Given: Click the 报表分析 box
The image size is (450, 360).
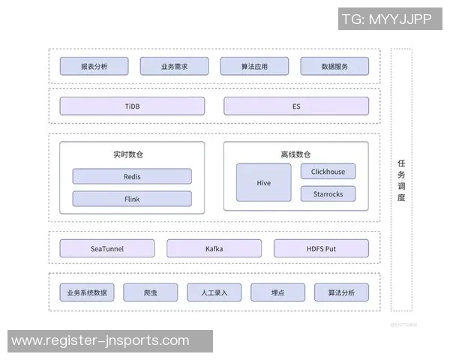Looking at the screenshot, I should pos(94,66).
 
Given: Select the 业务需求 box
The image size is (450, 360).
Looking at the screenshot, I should pos(174,66).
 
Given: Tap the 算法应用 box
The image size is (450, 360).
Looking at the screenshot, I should pos(254,66).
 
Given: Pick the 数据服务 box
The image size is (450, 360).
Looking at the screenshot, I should pos(334,66).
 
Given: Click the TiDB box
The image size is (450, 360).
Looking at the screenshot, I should pos(132,106).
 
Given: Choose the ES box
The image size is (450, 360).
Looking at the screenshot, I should pos(296,106).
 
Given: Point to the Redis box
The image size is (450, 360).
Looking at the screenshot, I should pos(132,177).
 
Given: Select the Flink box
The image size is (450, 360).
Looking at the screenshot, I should pos(132,199).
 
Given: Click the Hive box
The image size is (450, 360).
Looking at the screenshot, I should pos(264,183).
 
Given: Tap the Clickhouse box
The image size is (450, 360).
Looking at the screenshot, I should pos(328,172).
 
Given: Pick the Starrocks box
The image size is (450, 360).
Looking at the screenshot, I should pos(328,194).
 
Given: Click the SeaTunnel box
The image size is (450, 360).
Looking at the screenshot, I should pos(107,248).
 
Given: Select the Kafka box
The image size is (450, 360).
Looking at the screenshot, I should pos(214,248).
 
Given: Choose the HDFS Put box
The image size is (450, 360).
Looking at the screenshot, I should pos(321,248).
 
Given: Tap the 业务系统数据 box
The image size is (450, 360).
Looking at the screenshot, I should pos(87,292).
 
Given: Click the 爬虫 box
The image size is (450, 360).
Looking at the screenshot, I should pos(151,292).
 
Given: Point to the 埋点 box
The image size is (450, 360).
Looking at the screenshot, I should pos(278,292).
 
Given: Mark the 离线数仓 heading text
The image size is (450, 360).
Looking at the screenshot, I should pos(295,154).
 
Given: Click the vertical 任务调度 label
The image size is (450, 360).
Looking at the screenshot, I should pos(401,180).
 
